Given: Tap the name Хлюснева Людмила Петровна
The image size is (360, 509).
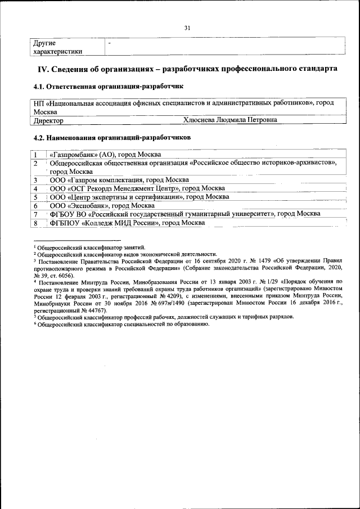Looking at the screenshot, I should [x=230, y=120].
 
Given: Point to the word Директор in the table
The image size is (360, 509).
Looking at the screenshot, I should [x=48, y=120].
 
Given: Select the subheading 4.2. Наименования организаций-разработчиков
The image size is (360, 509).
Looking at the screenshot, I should [x=112, y=137].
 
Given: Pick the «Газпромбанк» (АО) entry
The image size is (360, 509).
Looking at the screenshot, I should [x=105, y=155].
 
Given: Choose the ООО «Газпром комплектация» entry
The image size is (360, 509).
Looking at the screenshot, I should [x=119, y=180].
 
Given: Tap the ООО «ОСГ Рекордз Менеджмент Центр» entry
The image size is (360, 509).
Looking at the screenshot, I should [x=137, y=188].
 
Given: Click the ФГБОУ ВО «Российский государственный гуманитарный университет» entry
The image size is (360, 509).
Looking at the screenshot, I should [x=185, y=214].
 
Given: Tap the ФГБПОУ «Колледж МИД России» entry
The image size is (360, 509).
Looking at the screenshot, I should [x=127, y=223].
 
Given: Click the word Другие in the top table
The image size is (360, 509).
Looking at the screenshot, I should [x=44, y=43].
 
